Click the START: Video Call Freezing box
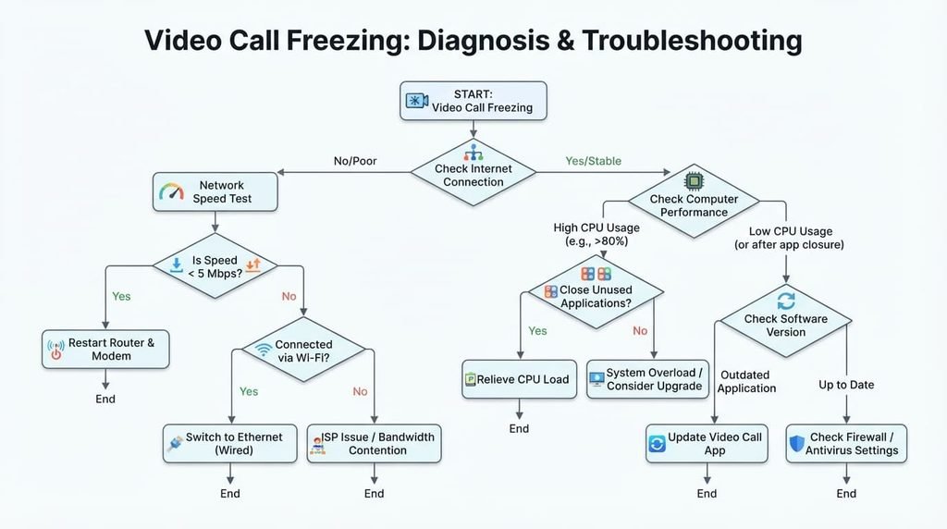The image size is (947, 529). [473, 101]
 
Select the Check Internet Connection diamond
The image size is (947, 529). [473, 173]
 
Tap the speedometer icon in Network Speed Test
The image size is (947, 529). [171, 191]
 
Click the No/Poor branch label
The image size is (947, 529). [355, 161]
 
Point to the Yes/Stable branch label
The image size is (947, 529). [593, 161]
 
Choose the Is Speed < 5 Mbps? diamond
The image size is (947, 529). [215, 265]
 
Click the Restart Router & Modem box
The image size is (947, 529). [105, 349]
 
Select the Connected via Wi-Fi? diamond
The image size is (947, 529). [303, 350]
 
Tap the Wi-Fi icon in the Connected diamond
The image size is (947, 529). [264, 350]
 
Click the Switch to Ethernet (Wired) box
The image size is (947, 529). [230, 443]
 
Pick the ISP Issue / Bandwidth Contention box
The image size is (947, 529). [374, 443]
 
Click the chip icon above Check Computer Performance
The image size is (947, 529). [694, 181]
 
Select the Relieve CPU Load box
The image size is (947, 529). [520, 379]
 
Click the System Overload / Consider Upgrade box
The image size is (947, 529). [647, 379]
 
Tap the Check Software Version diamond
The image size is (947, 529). [786, 321]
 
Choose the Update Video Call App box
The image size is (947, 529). [707, 443]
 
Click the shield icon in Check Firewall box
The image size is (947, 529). [797, 444]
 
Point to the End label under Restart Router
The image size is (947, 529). [105, 400]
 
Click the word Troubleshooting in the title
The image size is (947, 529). [692, 41]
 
